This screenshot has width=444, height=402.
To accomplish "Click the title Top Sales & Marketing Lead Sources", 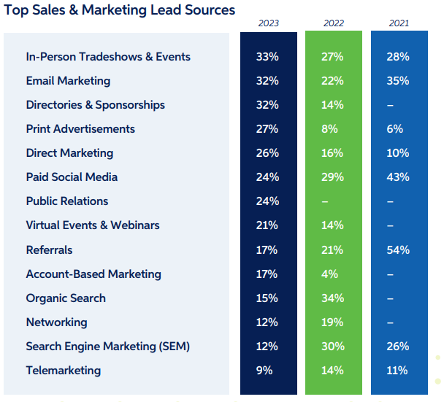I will click(120, 10).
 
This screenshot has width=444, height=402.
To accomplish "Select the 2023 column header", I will click(269, 23).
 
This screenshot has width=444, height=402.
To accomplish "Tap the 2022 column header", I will click(334, 23).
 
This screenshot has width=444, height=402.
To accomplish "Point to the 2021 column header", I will click(399, 23).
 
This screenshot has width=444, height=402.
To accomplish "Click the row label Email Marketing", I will click(68, 81).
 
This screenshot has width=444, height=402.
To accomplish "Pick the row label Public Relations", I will click(66, 201).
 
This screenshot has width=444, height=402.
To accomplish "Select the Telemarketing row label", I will click(63, 371).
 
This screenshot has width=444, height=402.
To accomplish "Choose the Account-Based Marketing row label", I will click(93, 274).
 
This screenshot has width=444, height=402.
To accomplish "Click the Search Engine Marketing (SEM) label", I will click(107, 347).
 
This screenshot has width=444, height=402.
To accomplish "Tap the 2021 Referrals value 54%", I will click(399, 250).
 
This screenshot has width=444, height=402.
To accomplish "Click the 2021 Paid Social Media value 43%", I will click(399, 177).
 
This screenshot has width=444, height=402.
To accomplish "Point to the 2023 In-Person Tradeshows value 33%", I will click(267, 57).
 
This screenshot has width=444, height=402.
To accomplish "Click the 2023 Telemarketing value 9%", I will click(264, 371).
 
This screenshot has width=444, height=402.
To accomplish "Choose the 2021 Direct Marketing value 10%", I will click(399, 153).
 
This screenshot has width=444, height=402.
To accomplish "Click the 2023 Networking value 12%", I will click(267, 322).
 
